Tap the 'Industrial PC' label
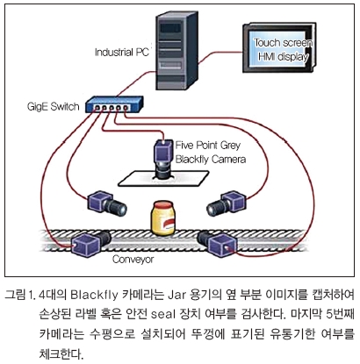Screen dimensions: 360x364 tap(122, 52)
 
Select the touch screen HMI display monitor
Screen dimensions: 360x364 tap(279, 47)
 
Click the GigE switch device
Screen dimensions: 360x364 tap(114, 104)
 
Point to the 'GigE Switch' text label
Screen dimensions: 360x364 tap(53, 106)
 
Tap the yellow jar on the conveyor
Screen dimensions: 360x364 tap(163, 218)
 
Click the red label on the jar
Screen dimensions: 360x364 tap(169, 225)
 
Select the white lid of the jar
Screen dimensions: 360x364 tap(163, 204)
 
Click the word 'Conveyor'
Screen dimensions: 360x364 tap(133, 259)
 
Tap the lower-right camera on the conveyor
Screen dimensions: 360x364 tap(217, 243)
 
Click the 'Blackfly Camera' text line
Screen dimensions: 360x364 tap(211, 160)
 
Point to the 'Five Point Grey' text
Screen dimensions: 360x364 tap(208, 146)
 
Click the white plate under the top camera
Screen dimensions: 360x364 tap(163, 178)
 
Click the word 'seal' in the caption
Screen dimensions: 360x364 tap(163, 314)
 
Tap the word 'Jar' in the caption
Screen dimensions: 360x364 tap(176, 295)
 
